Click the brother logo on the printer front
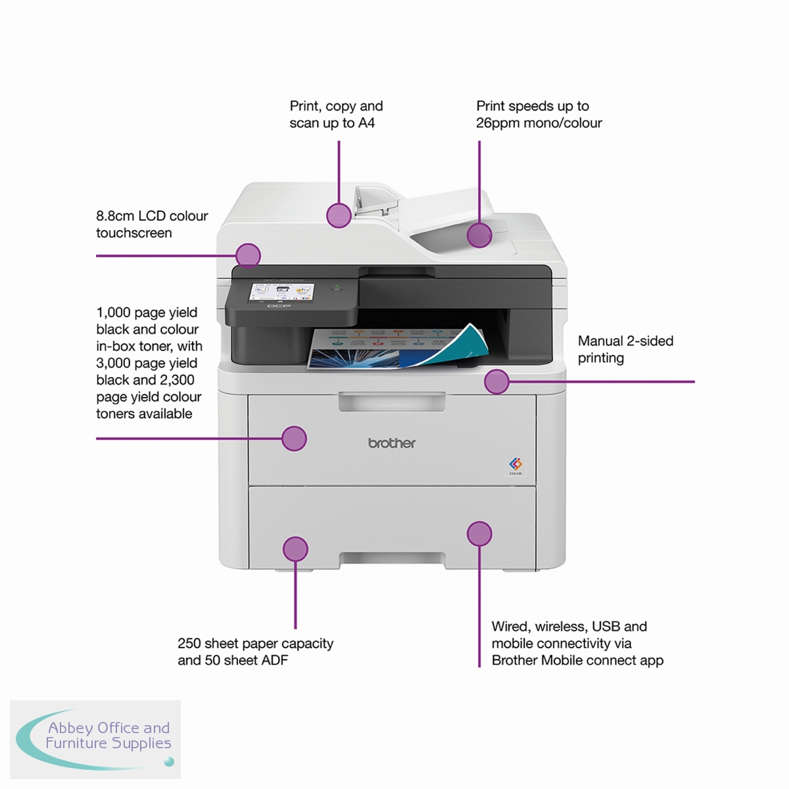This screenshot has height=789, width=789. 392,443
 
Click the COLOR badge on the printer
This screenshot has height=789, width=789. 515,464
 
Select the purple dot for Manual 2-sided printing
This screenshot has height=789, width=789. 496,381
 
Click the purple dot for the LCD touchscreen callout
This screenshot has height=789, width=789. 248,255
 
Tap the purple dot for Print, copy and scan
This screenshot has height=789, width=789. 339,215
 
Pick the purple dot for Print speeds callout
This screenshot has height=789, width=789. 479,235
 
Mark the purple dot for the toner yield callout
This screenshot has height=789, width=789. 294,439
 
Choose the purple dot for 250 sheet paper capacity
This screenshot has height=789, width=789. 295,549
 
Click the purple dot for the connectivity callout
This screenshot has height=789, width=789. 479,534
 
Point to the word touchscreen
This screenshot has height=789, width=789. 134,233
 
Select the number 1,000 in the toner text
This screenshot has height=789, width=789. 113,312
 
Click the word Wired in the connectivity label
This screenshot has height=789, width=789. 510,627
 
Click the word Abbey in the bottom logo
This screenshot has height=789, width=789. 70,728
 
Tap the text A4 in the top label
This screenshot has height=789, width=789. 366,123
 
